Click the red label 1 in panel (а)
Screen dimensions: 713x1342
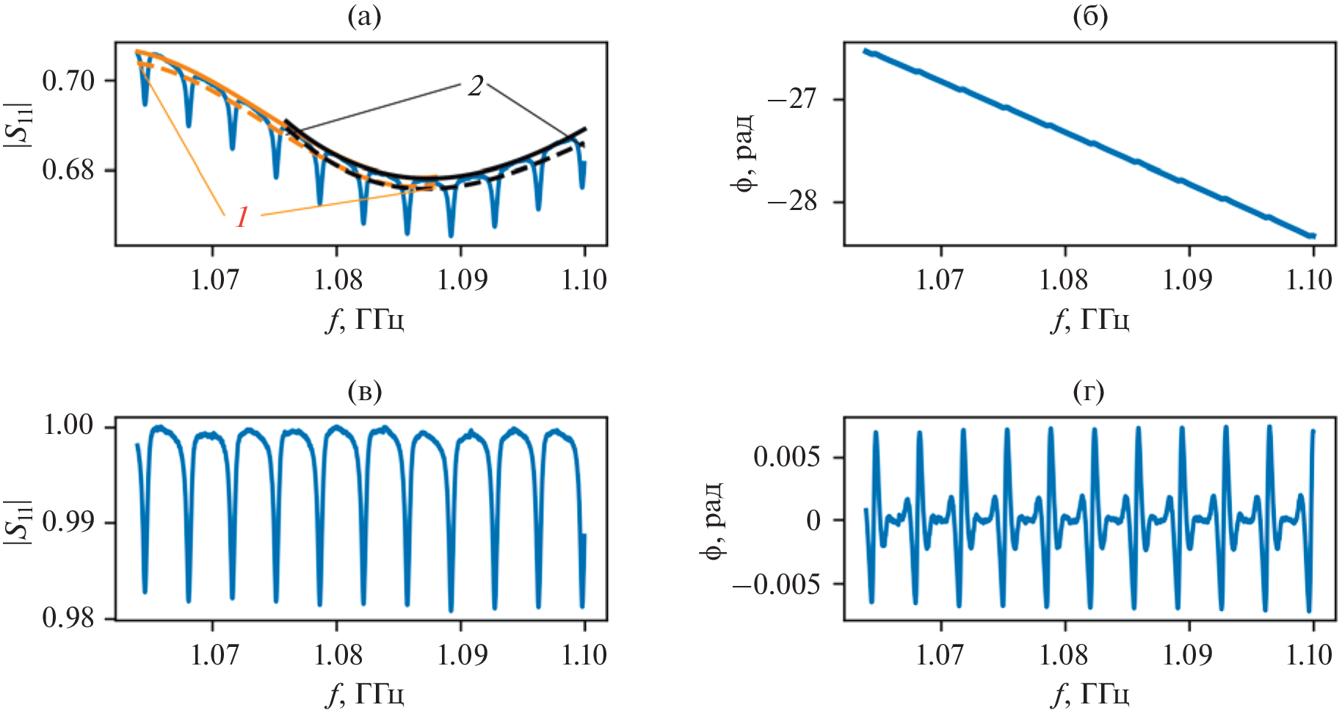[x=242, y=217]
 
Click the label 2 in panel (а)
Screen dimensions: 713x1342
[x=476, y=87]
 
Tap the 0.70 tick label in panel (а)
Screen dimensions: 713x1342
[x=68, y=81]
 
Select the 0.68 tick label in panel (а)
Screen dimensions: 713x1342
[x=68, y=170]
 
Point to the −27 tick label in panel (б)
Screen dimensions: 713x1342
[x=791, y=99]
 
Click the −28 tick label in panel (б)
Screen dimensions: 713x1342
[x=791, y=201]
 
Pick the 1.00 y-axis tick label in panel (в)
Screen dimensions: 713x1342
[x=68, y=426]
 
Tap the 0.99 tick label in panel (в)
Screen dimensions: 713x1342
[x=68, y=522]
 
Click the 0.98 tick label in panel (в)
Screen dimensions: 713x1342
[x=68, y=618]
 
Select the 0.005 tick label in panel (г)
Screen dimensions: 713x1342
[x=787, y=457]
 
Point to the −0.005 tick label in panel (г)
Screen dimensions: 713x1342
[x=775, y=584]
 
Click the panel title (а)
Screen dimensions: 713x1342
[x=364, y=17]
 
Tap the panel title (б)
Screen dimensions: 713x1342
[x=1090, y=17]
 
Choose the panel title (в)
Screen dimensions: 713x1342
[x=364, y=391]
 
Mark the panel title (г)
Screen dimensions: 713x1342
[x=1089, y=391]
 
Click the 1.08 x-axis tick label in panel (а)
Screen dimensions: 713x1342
[x=338, y=280]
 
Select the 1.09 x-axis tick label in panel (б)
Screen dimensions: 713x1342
[x=1188, y=280]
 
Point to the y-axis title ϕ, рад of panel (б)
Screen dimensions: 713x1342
[x=744, y=152]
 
